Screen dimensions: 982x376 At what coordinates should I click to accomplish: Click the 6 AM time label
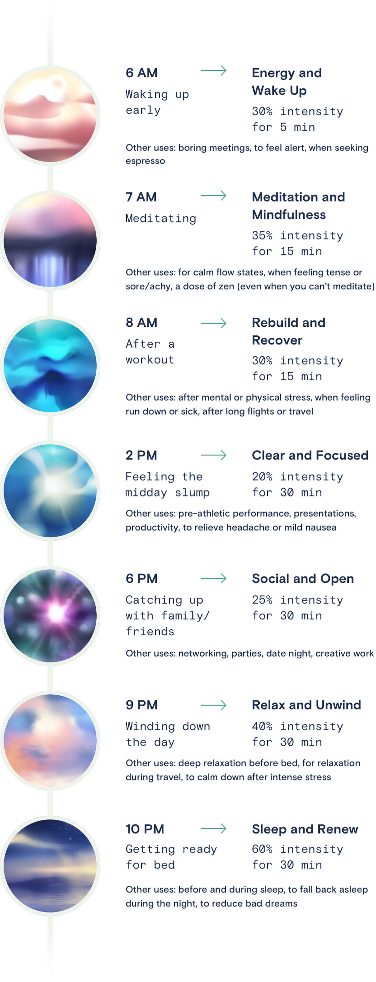(141, 73)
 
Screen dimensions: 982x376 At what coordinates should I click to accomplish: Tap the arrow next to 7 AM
(213, 196)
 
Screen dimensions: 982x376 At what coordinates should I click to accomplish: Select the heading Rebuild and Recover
(288, 331)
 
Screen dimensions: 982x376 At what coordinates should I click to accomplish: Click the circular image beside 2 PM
(50, 490)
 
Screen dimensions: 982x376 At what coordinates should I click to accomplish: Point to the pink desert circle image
(50, 115)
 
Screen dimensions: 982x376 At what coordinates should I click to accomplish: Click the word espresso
(145, 161)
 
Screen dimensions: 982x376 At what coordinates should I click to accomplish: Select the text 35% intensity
(297, 235)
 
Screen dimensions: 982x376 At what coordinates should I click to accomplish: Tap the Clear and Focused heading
(310, 455)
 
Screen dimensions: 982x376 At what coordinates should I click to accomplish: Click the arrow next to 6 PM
(213, 579)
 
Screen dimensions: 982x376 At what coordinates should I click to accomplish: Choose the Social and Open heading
(302, 579)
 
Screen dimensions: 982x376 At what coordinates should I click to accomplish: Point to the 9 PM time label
(141, 705)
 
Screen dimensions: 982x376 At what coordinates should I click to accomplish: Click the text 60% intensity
(297, 849)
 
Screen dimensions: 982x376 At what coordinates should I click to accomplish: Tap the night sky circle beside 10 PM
(50, 866)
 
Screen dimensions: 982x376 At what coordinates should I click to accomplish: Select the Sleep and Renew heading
(305, 829)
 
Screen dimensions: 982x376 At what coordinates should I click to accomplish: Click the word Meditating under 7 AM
(161, 218)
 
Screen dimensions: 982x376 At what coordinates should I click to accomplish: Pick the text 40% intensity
(297, 726)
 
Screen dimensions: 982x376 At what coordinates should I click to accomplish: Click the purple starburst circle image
(50, 615)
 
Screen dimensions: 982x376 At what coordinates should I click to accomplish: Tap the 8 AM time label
(141, 322)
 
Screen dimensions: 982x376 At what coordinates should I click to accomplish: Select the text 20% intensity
(297, 477)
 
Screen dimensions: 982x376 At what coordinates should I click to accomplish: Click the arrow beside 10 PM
(213, 828)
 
